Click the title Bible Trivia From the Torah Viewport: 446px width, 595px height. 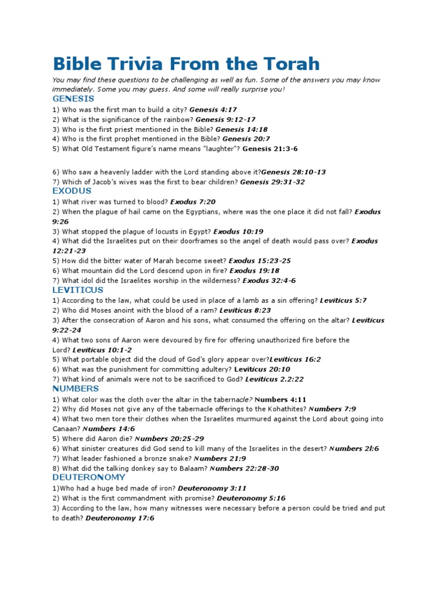click(186, 63)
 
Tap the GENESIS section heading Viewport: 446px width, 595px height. click(73, 99)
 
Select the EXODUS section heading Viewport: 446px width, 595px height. click(71, 191)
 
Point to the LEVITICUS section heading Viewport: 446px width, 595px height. click(78, 289)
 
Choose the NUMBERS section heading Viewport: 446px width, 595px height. click(75, 388)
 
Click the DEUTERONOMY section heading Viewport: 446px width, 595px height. click(88, 477)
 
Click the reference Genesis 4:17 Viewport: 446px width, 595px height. click(213, 109)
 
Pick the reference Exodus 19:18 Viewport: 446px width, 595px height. click(254, 271)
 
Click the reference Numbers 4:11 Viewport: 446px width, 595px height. click(280, 399)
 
